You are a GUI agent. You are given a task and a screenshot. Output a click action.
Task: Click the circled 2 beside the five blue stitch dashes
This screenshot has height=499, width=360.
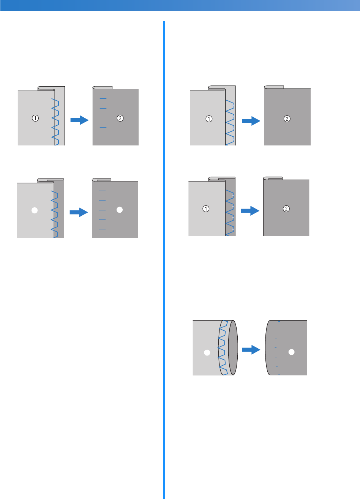tap(120, 118)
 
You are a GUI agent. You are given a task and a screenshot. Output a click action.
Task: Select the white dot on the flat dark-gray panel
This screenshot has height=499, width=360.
tap(120, 210)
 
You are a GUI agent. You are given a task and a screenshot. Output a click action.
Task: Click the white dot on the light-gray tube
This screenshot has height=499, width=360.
tap(207, 352)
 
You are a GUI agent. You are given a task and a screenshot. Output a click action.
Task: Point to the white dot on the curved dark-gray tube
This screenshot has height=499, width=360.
tap(291, 352)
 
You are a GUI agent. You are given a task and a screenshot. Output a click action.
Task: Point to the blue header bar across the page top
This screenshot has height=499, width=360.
tap(180, 5)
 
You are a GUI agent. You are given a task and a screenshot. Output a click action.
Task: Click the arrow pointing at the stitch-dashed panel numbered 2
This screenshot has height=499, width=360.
tap(79, 120)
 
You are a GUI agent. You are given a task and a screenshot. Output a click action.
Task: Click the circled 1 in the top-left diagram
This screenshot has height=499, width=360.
tap(35, 118)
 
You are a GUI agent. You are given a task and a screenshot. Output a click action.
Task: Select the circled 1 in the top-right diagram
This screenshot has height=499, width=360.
tap(209, 119)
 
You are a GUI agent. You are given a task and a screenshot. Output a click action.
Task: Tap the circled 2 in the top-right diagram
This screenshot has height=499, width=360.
tap(287, 119)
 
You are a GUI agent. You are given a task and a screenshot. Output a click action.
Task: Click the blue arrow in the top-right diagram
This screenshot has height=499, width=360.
tap(251, 121)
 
